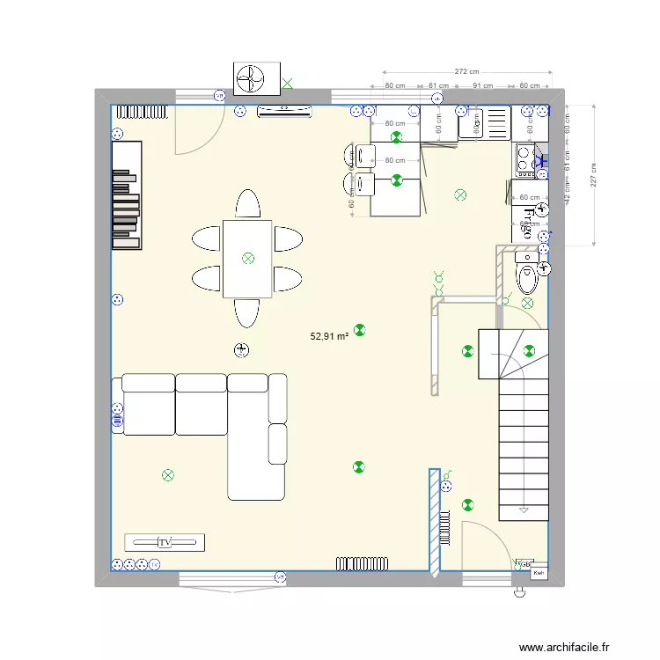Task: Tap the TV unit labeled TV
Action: (x=165, y=541)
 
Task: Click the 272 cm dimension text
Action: (x=466, y=71)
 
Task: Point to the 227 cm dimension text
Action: (x=595, y=176)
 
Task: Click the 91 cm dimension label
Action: (x=482, y=86)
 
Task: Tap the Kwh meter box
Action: (x=539, y=574)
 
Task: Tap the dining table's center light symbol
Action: (x=247, y=258)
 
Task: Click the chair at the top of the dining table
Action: (x=247, y=204)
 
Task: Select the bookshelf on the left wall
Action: (x=126, y=195)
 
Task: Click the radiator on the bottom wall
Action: (x=363, y=561)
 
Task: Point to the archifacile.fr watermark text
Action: (x=563, y=647)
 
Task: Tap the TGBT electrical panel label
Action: (x=524, y=563)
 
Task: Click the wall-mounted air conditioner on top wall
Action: (x=284, y=111)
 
